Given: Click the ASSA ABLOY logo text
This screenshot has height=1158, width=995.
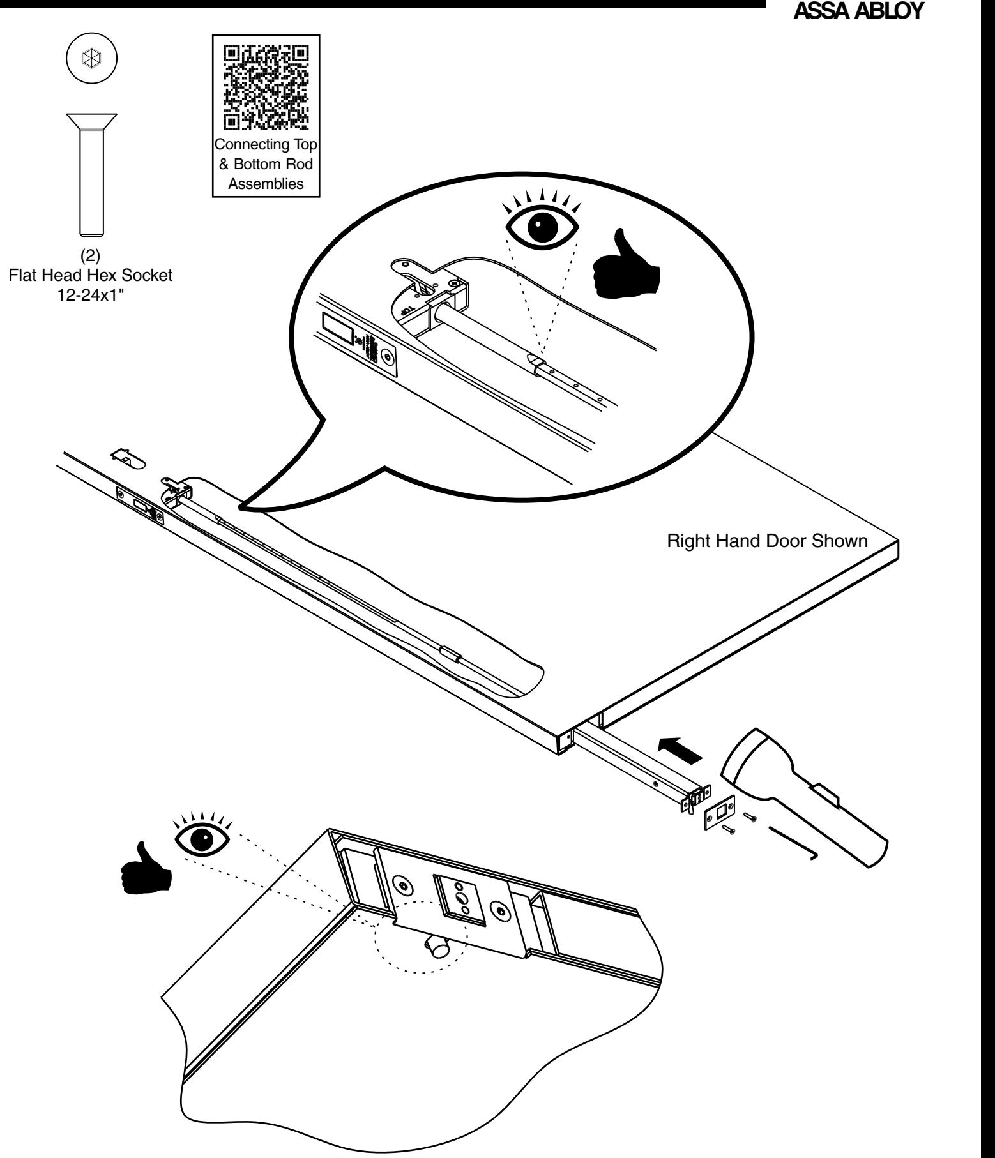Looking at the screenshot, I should pyautogui.click(x=858, y=11).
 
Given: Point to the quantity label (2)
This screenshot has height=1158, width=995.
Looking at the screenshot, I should pyautogui.click(x=91, y=259).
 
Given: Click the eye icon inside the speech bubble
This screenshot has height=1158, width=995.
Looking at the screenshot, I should pyautogui.click(x=542, y=222).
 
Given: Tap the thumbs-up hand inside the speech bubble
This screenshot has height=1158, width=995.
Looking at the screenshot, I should pyautogui.click(x=625, y=265).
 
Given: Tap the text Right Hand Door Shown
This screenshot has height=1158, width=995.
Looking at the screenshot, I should pyautogui.click(x=766, y=541).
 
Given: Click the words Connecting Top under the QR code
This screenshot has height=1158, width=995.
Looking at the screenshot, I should pyautogui.click(x=266, y=144).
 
